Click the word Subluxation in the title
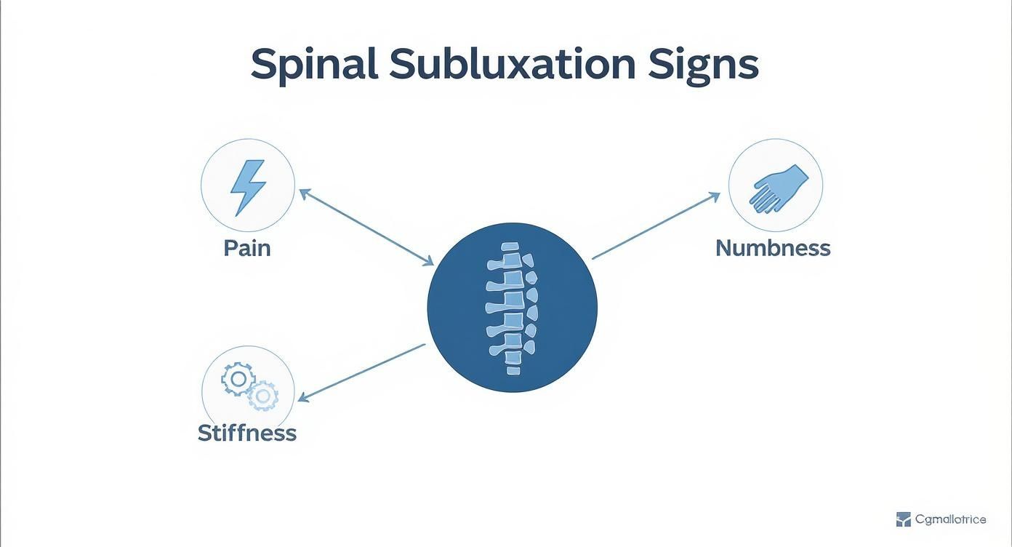513,65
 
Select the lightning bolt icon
247,187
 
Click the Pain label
247,248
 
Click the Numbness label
773,248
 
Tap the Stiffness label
247,433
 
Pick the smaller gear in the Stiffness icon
262,396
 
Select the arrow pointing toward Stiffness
361,372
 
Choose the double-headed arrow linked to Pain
366,227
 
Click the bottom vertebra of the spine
513,370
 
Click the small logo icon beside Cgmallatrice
903,519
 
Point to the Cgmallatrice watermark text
950,519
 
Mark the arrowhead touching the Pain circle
304,192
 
